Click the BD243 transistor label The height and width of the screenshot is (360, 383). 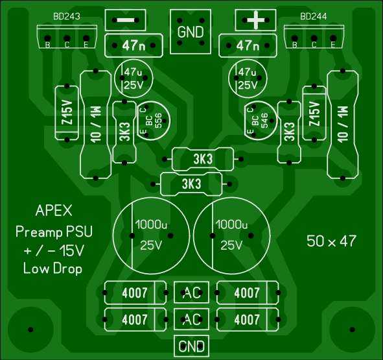point(67,16)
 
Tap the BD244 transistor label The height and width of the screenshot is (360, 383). point(314,16)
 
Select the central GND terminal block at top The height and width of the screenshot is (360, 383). point(191,32)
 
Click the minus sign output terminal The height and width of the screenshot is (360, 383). point(125,20)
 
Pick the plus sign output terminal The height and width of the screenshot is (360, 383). point(255,20)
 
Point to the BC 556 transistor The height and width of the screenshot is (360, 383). point(154,121)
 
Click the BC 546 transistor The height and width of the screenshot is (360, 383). point(261,121)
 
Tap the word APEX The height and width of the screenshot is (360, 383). point(54,211)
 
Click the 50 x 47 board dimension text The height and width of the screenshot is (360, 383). point(331,241)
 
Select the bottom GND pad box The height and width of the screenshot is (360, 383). point(191,346)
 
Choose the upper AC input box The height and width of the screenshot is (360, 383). point(191,293)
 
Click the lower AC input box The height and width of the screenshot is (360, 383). point(191,319)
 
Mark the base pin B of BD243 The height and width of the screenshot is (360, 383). point(47,39)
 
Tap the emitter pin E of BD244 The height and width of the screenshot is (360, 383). point(332,39)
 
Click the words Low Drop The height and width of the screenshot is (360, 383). point(52,269)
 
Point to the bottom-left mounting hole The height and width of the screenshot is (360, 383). point(30,330)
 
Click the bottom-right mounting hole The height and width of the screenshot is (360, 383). point(352,330)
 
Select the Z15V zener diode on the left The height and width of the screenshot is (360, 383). point(67,113)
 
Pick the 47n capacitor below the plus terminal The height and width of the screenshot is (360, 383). point(248,45)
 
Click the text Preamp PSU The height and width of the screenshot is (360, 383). point(54,232)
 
